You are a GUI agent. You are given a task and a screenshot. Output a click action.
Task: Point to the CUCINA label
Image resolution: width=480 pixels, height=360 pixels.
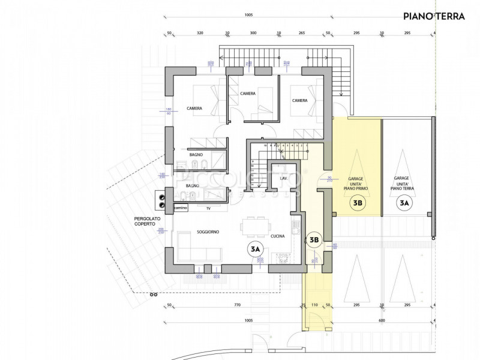[277, 236]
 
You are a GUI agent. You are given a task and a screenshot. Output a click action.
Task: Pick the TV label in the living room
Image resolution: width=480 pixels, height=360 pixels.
[208, 208]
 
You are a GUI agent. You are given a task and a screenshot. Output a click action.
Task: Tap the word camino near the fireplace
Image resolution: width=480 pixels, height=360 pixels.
[181, 208]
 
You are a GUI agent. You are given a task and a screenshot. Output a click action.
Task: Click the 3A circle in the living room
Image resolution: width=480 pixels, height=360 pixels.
[256, 248]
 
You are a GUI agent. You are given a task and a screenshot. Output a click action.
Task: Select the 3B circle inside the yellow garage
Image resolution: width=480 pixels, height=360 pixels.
[358, 203]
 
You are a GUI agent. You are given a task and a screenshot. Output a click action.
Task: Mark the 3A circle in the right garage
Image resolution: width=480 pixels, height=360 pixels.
[404, 203]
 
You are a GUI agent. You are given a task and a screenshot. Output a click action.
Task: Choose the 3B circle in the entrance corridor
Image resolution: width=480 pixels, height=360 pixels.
[313, 241]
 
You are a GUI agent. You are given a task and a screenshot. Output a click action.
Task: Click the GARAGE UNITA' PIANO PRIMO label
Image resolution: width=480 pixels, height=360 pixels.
[358, 183]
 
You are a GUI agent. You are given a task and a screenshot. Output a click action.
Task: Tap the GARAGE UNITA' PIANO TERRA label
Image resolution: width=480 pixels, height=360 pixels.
[402, 183]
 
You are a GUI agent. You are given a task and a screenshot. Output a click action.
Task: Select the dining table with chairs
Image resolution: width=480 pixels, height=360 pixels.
[254, 227]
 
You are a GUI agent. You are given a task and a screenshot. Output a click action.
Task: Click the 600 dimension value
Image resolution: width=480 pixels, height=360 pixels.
[382, 320]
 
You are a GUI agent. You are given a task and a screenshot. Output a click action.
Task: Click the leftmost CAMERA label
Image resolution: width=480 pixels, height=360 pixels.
[194, 109]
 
